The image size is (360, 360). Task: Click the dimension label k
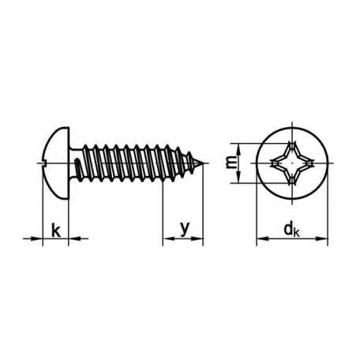[56, 231]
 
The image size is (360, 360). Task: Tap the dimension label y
[185, 228]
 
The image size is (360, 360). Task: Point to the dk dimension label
[291, 230]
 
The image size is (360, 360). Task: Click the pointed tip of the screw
[204, 163]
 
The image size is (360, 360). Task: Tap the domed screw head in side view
[56, 163]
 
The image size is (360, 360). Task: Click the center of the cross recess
[292, 163]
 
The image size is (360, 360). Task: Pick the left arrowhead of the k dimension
[37, 238]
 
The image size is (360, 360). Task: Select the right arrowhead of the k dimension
[74, 238]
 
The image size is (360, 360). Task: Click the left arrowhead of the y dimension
[168, 238]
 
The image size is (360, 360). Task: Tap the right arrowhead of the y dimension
[197, 238]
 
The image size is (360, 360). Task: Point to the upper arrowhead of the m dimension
[238, 149]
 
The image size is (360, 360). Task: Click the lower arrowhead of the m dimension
[238, 177]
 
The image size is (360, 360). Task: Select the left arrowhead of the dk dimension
[262, 238]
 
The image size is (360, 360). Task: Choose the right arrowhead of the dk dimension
[322, 238]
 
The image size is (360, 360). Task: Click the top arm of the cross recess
[292, 148]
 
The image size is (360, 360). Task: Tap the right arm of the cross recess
[308, 163]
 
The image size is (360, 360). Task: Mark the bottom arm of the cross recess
[292, 179]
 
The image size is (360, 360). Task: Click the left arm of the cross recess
[276, 163]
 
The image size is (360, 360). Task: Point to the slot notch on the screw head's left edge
[43, 163]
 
